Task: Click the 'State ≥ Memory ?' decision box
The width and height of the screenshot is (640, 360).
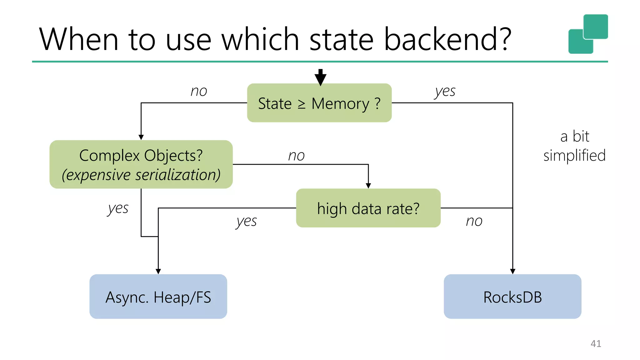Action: (x=319, y=103)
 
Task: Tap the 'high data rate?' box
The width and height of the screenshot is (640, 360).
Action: (x=368, y=208)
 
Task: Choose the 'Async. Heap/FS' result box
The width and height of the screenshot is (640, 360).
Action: (x=158, y=297)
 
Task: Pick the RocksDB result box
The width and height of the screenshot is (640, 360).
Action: (x=512, y=297)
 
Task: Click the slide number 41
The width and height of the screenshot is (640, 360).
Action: (x=596, y=343)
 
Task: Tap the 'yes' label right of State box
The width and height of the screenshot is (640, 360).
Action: (x=445, y=91)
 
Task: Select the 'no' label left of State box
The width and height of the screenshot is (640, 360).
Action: (x=199, y=91)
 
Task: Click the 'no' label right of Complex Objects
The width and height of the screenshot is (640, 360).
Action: (x=296, y=156)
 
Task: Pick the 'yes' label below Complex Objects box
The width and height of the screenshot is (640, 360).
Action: (x=118, y=208)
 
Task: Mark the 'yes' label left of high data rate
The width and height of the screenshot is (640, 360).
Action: (x=246, y=222)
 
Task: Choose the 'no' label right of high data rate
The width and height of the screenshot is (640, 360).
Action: (x=474, y=221)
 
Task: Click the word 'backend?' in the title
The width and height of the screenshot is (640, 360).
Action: (x=447, y=39)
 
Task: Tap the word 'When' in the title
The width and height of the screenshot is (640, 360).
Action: (x=78, y=39)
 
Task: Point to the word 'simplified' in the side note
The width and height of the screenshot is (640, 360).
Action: (x=574, y=156)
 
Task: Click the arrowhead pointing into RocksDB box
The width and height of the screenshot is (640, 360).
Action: (x=512, y=271)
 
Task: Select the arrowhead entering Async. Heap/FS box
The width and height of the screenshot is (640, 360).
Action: (x=158, y=271)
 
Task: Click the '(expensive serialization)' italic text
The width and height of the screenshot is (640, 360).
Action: (x=141, y=175)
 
